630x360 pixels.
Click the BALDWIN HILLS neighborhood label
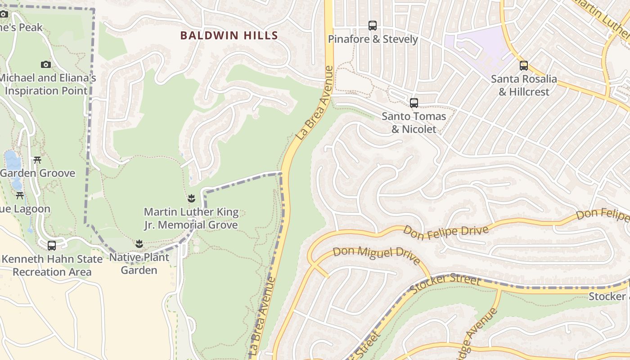coord(229,36)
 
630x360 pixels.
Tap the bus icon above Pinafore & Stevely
coord(372,26)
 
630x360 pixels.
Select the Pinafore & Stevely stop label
coord(373,39)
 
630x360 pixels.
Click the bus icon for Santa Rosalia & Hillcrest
coord(523,66)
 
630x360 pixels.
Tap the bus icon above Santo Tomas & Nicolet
coord(414,103)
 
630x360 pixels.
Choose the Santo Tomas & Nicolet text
coord(414,123)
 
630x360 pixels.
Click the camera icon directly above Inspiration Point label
coord(45,64)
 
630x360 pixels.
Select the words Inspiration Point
coord(46,90)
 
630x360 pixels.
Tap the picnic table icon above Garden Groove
coord(37,160)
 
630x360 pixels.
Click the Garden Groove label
coord(38,173)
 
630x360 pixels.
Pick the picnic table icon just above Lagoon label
coord(20,196)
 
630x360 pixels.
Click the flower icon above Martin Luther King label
coord(191,198)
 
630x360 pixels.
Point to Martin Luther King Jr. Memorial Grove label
coord(191,218)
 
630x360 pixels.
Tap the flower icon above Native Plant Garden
coord(139,244)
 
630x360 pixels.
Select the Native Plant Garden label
coord(139,264)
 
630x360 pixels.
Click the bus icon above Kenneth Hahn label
coord(52,246)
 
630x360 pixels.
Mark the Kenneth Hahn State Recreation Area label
coord(52,265)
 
